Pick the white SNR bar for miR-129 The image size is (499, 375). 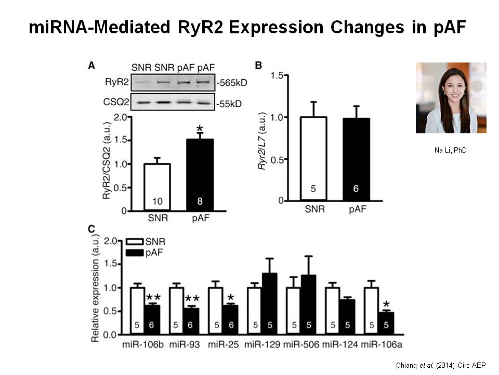[254, 310]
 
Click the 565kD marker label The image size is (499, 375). [229, 82]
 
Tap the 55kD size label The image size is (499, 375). [229, 103]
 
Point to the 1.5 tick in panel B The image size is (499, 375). [282, 76]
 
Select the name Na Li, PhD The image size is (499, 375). [451, 151]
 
